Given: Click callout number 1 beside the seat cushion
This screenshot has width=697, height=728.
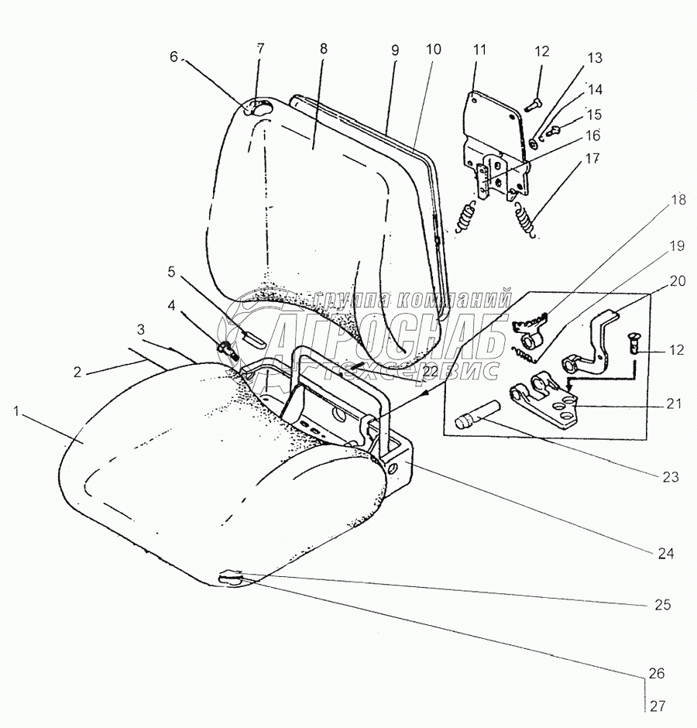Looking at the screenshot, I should tap(16, 412).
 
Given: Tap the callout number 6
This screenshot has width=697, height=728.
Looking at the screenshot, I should tap(174, 57).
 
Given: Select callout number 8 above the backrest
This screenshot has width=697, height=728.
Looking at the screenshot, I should tap(323, 49).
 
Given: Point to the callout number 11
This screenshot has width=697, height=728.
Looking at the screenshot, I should tap(479, 50).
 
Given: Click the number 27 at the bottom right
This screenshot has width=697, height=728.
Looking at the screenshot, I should tap(657, 706).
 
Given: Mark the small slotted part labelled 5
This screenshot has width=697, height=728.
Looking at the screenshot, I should tap(253, 338).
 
